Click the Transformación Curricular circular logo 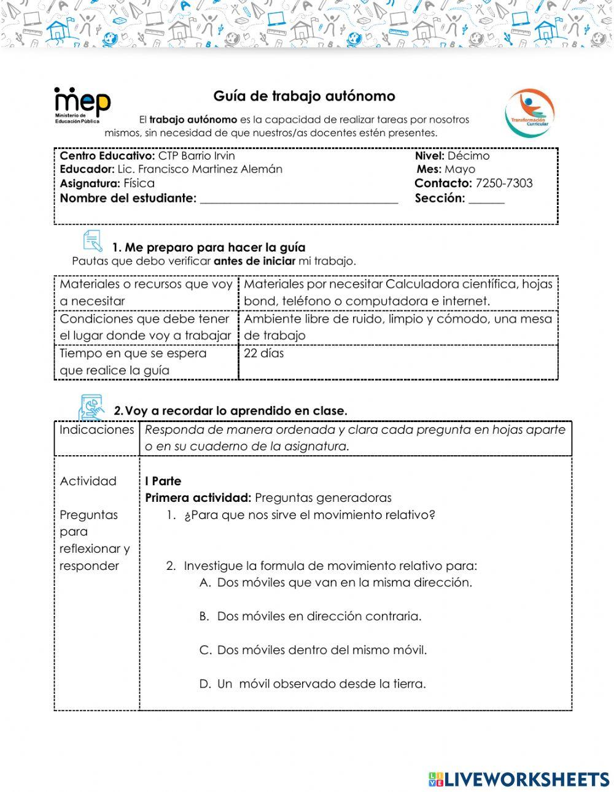pyautogui.click(x=529, y=112)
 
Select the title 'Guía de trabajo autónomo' pyautogui.click(x=304, y=96)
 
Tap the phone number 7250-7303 pyautogui.click(x=504, y=183)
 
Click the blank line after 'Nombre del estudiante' pyautogui.click(x=299, y=199)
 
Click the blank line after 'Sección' pyautogui.click(x=486, y=199)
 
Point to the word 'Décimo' pyautogui.click(x=468, y=156)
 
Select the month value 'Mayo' pyautogui.click(x=460, y=169)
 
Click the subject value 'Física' pyautogui.click(x=139, y=183)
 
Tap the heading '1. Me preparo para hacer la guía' pyautogui.click(x=209, y=248)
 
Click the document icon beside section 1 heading pyautogui.click(x=92, y=241)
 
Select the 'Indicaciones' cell pyautogui.click(x=96, y=430)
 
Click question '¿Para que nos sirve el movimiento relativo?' pyautogui.click(x=309, y=515)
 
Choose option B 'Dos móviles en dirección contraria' pyautogui.click(x=319, y=617)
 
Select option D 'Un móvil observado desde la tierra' pyautogui.click(x=321, y=684)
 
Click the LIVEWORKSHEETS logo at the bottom pyautogui.click(x=519, y=779)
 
